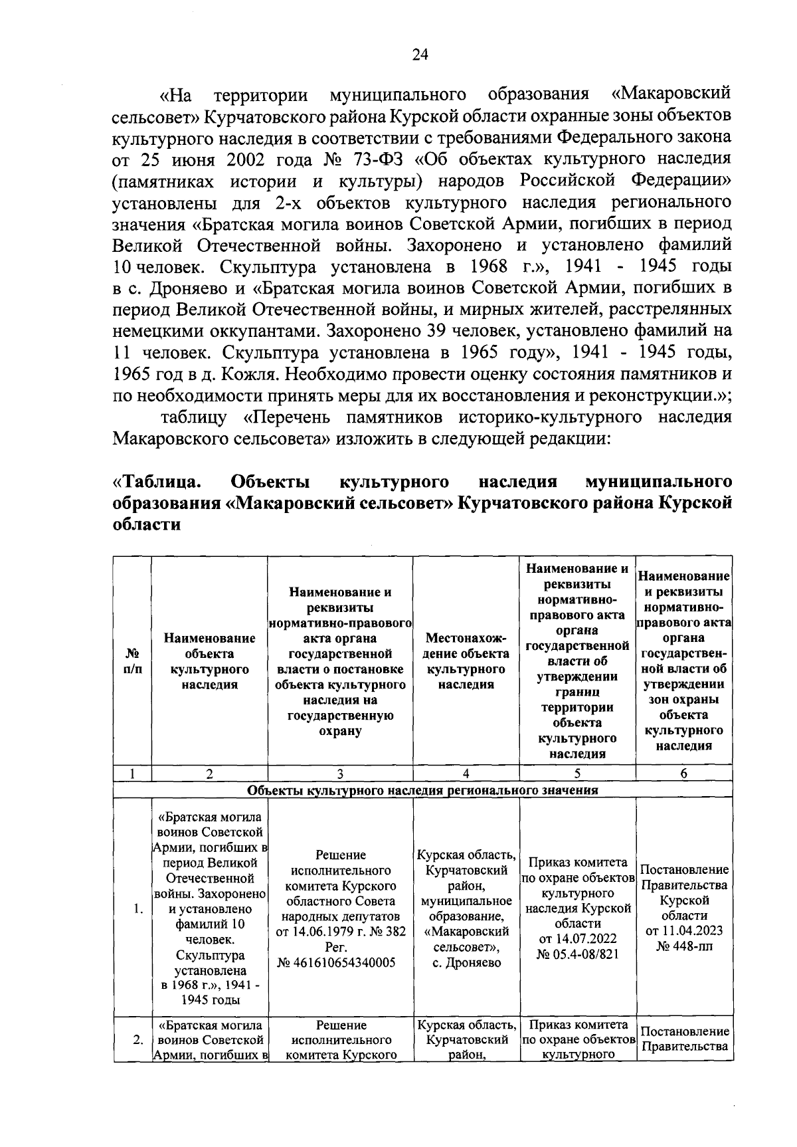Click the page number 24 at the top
tap(420, 55)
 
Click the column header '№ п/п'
tap(132, 661)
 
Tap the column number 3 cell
tap(340, 773)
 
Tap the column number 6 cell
tap(684, 773)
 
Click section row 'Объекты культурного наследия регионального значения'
tap(422, 790)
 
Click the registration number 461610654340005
tap(340, 962)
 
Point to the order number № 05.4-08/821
tap(577, 954)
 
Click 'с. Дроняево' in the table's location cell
tap(466, 962)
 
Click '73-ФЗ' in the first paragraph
tap(383, 159)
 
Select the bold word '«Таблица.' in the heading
tap(157, 481)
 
